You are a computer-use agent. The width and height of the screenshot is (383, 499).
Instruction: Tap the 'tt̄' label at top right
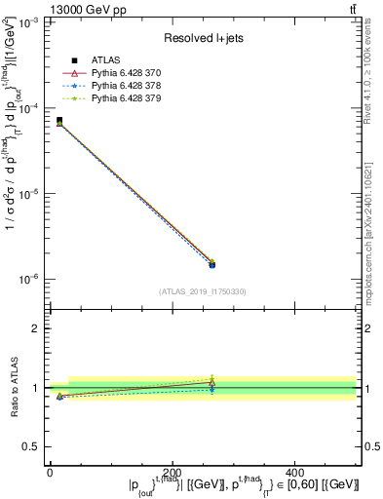[352, 9]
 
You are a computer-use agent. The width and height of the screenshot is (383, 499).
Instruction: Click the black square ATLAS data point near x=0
[59, 121]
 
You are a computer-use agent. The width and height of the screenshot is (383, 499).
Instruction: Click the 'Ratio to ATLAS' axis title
[14, 388]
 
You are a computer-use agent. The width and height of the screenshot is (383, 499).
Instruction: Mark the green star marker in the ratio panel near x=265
[212, 377]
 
